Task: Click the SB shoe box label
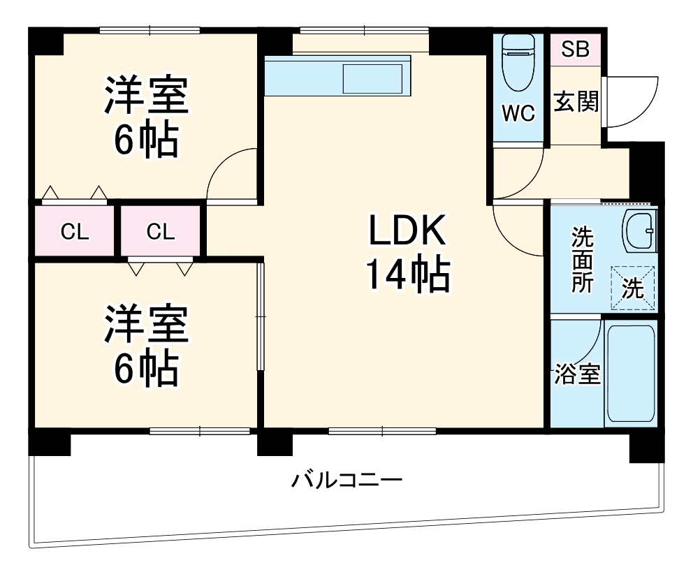[x=576, y=50]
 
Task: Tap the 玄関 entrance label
[x=576, y=103]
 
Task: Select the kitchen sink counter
[x=339, y=75]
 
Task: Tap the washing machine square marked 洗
[x=633, y=287]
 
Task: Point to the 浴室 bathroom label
[x=576, y=375]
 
